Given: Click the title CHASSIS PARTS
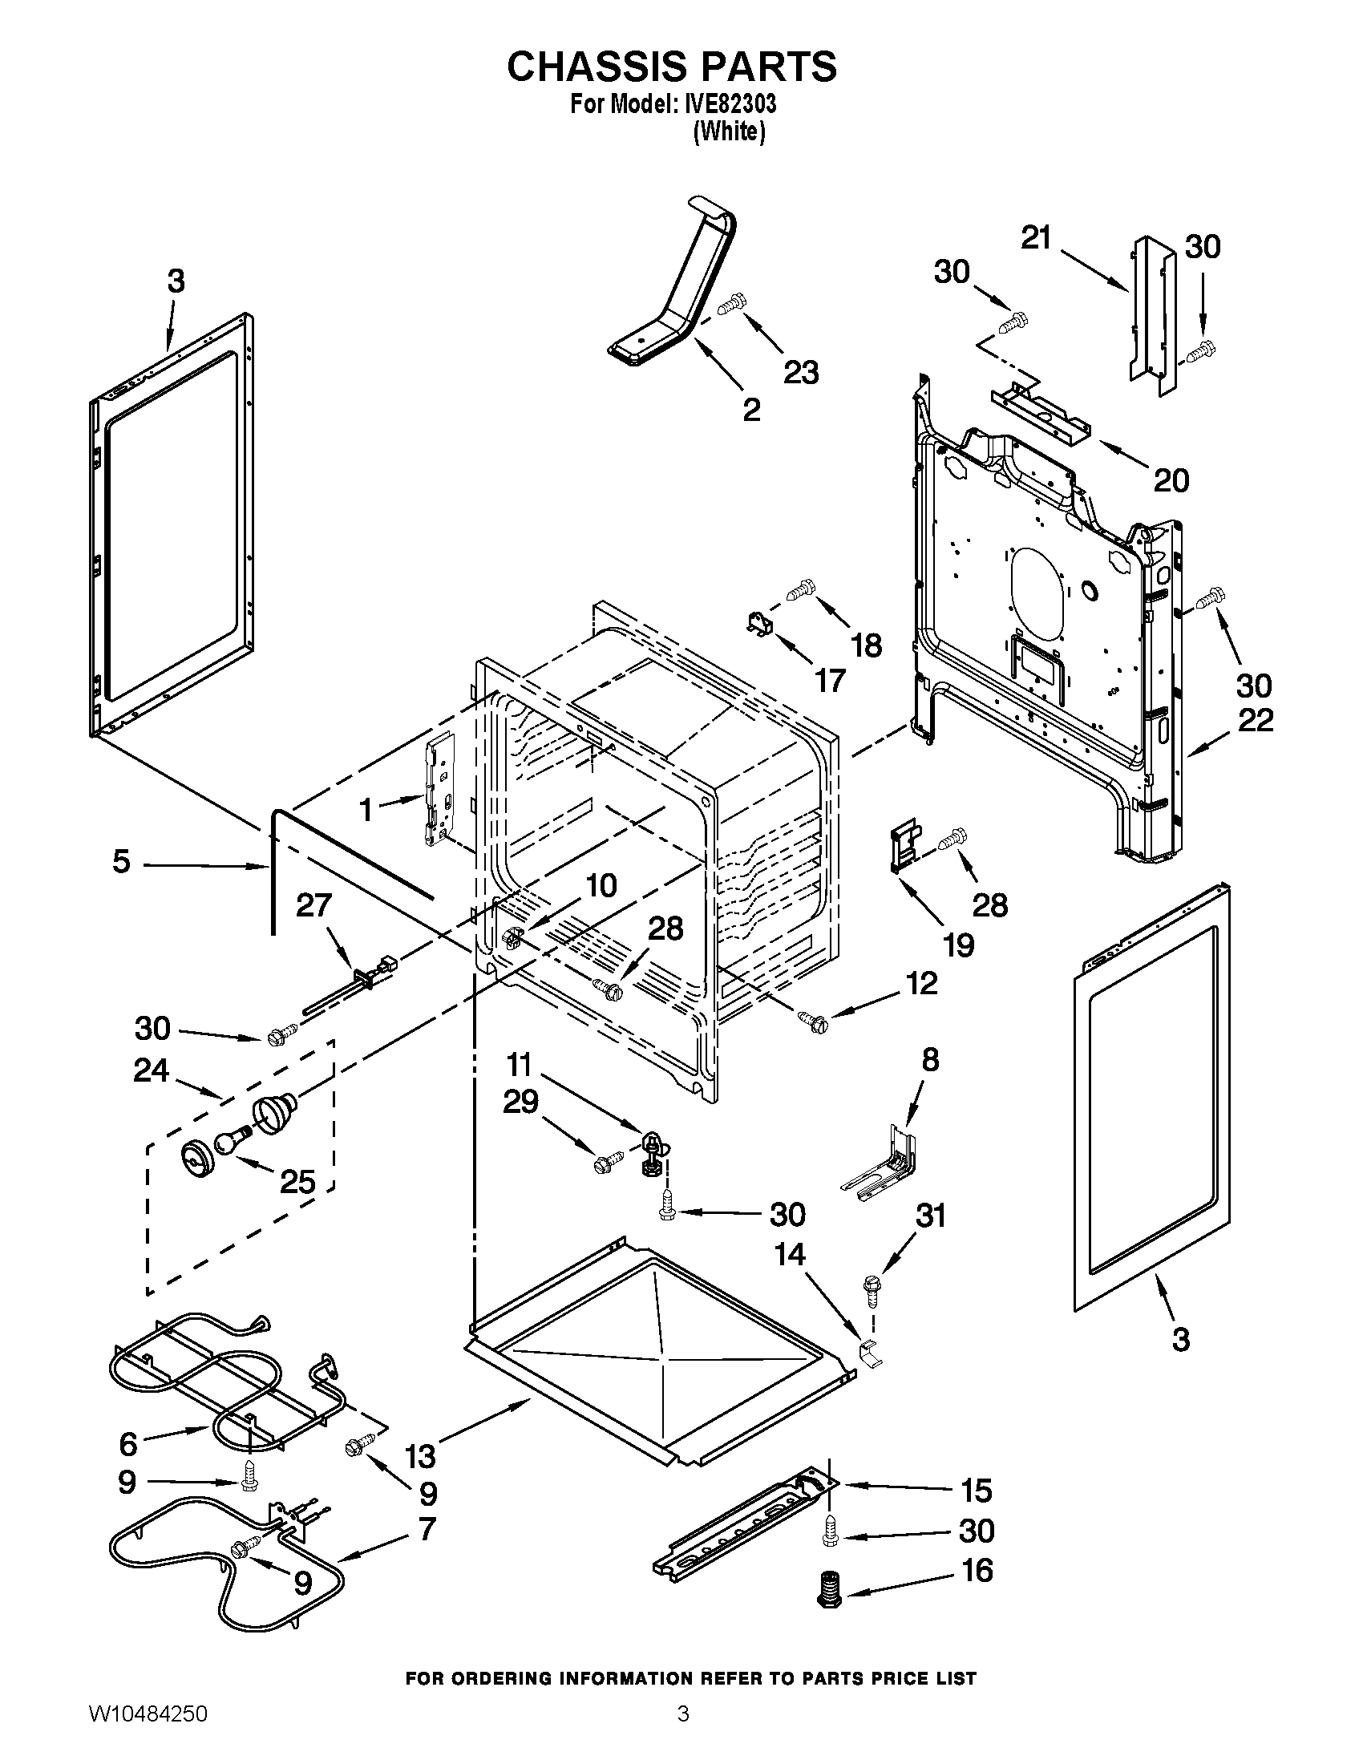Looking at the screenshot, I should pyautogui.click(x=672, y=67).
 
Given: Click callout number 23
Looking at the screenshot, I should pyautogui.click(x=801, y=372).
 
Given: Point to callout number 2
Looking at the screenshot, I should pyautogui.click(x=751, y=410).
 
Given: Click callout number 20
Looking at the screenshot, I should pyautogui.click(x=1171, y=480).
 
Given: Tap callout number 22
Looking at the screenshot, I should pyautogui.click(x=1255, y=720).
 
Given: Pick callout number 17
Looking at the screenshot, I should pyautogui.click(x=829, y=680).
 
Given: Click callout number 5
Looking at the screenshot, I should pyautogui.click(x=121, y=862).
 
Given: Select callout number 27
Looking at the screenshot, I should pyautogui.click(x=313, y=904).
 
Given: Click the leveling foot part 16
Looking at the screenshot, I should pyautogui.click(x=826, y=1590).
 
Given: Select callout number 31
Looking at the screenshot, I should pyautogui.click(x=930, y=1215).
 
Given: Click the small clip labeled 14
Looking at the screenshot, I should pyautogui.click(x=869, y=1349).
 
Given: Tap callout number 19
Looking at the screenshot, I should pyautogui.click(x=958, y=945).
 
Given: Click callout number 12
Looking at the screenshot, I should pyautogui.click(x=921, y=983).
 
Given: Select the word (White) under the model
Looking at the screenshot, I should pyautogui.click(x=729, y=131).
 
